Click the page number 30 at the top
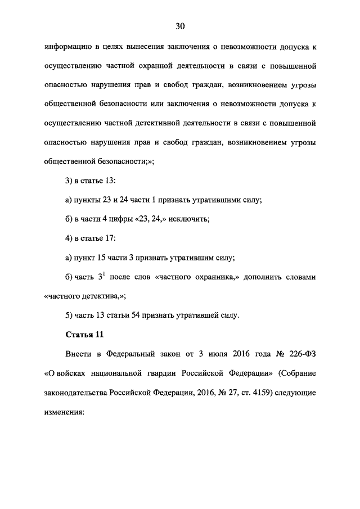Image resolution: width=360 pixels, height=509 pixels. click(x=180, y=26)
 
